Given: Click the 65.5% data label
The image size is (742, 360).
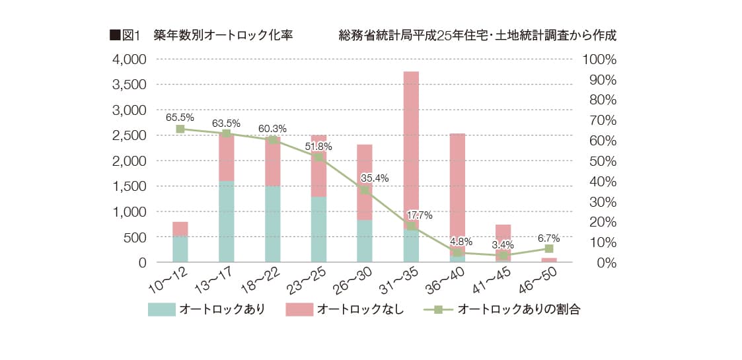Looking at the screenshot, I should coord(180,118).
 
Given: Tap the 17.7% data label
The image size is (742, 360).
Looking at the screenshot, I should coord(420,215).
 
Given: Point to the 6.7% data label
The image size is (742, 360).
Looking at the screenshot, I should coord(548,238).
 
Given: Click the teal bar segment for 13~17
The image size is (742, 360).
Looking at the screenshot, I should coord(226,221).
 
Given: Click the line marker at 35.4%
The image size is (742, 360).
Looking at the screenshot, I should coord(365,190).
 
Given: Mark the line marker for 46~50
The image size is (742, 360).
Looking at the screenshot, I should coord(548,249).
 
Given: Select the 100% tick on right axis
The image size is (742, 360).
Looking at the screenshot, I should coord(599,59).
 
